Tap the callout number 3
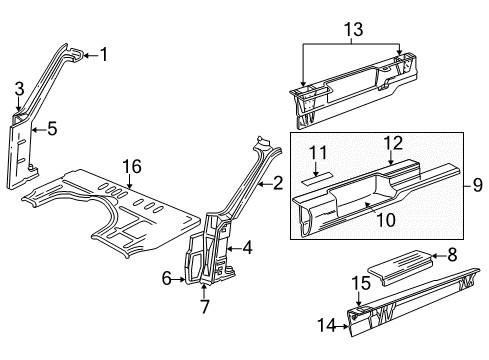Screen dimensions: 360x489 click(x=18, y=92)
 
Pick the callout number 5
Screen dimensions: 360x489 click(x=52, y=127)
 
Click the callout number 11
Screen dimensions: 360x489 click(x=319, y=150)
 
